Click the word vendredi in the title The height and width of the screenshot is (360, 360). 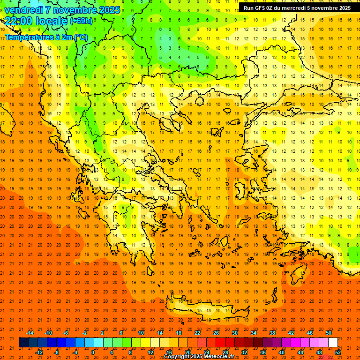24,10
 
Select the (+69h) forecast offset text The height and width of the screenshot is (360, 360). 81,21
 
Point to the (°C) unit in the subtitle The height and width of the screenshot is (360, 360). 81,37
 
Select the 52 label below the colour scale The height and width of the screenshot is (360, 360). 338,352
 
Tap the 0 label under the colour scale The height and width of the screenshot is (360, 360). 93,352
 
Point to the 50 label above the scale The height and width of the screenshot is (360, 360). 328,333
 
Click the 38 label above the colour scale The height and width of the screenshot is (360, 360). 272,333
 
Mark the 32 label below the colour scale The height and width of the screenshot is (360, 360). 244,352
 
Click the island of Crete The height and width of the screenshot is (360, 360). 206,311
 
